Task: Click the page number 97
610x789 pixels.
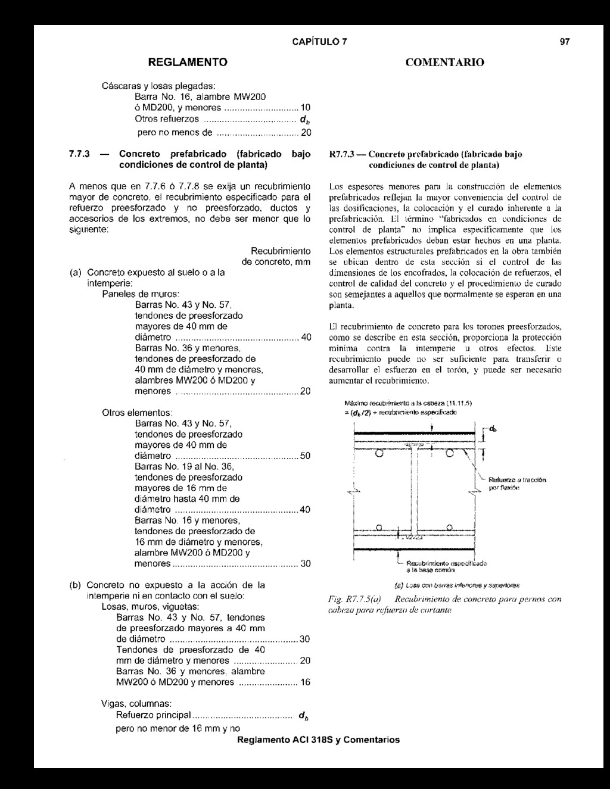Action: [565, 42]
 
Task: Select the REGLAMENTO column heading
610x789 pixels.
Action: [188, 62]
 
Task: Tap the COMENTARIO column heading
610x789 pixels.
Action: [444, 62]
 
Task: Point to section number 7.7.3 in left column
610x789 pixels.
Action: [79, 154]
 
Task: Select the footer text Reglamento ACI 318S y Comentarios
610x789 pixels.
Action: [318, 740]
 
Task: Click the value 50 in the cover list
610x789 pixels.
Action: [305, 456]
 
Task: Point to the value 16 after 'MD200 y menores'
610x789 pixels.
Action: [305, 682]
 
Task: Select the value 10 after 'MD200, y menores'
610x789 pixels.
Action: [305, 108]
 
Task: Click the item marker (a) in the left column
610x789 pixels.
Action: [76, 272]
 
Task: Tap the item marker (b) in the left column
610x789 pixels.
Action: [76, 585]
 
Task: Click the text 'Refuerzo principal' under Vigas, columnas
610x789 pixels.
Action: [154, 715]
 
